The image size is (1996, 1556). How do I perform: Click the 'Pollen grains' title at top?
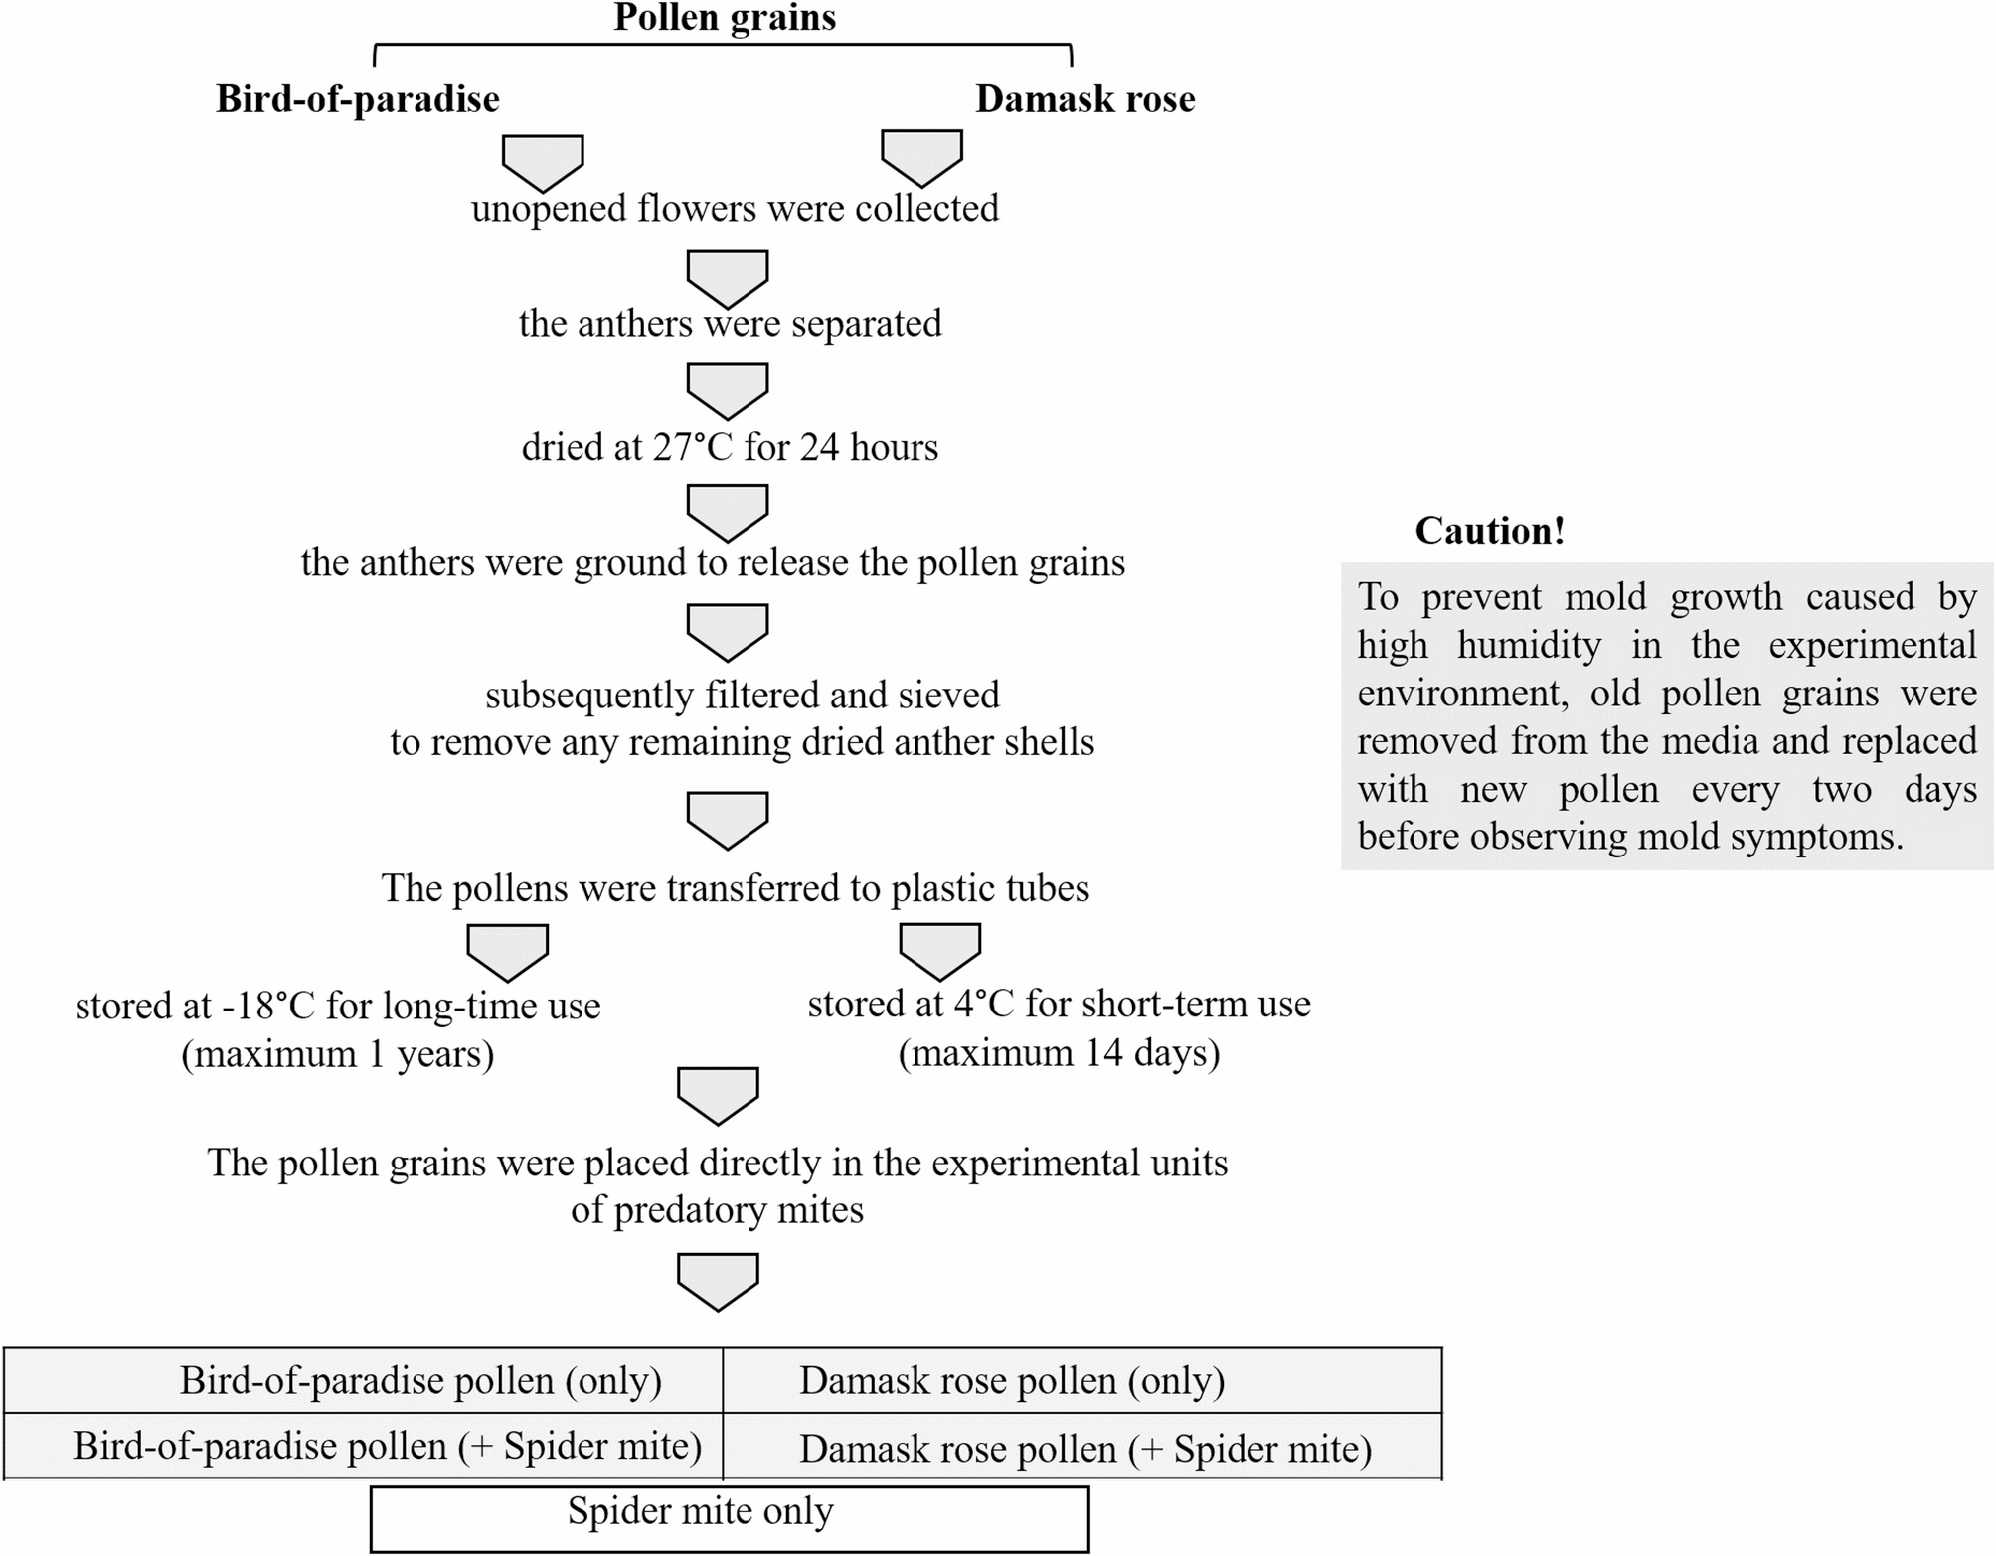725,18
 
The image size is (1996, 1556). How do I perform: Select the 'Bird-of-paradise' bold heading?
357,99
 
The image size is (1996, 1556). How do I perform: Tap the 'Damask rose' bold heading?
1084,99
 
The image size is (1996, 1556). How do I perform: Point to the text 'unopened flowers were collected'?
735,209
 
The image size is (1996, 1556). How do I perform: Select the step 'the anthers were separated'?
730,324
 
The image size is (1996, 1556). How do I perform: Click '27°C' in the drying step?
692,448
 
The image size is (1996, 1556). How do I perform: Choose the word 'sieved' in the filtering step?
948,696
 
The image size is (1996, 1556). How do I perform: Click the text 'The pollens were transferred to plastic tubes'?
735,888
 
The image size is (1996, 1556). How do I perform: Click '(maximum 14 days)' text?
1059,1053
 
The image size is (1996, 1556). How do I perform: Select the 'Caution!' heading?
1489,531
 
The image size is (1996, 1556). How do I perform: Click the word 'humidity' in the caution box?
1529,646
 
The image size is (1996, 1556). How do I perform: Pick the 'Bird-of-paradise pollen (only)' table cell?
420,1381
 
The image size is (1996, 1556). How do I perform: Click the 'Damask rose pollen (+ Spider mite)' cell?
1084,1449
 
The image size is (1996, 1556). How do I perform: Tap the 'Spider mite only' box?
700,1511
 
